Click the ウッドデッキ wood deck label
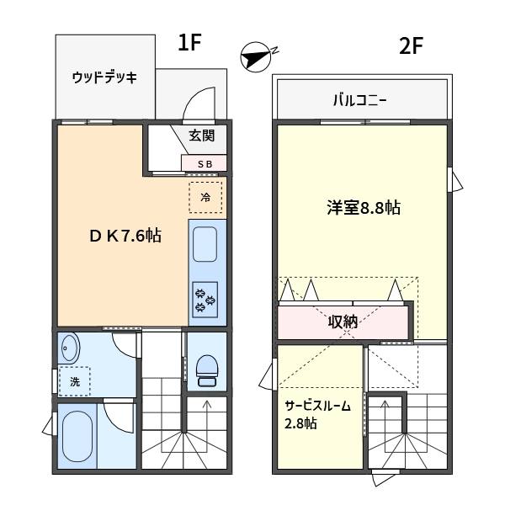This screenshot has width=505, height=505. pyautogui.click(x=104, y=77)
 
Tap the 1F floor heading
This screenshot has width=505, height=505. pyautogui.click(x=189, y=43)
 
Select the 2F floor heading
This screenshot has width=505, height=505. pyautogui.click(x=411, y=46)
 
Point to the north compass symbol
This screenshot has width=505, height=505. pyautogui.click(x=258, y=57)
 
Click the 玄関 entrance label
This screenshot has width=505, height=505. pyautogui.click(x=202, y=136)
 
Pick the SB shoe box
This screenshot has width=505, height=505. pyautogui.click(x=204, y=163)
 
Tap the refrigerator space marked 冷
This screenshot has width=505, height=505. pyautogui.click(x=205, y=197)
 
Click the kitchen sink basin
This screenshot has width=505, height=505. pyautogui.click(x=205, y=244)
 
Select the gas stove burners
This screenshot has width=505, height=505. pyautogui.click(x=205, y=300)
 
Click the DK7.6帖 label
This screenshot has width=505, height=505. pyautogui.click(x=125, y=236)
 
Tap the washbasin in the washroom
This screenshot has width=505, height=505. pyautogui.click(x=69, y=348)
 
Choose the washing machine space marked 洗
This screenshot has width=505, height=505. pyautogui.click(x=74, y=381)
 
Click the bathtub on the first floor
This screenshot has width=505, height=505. pyautogui.click(x=77, y=436)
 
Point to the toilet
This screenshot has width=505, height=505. pyautogui.click(x=207, y=370)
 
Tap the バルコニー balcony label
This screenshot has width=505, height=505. pyautogui.click(x=359, y=100)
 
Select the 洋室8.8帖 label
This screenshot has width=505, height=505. pyautogui.click(x=364, y=207)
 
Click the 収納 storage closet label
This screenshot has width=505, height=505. pyautogui.click(x=343, y=322)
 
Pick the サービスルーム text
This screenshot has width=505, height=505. pyautogui.click(x=317, y=406)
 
